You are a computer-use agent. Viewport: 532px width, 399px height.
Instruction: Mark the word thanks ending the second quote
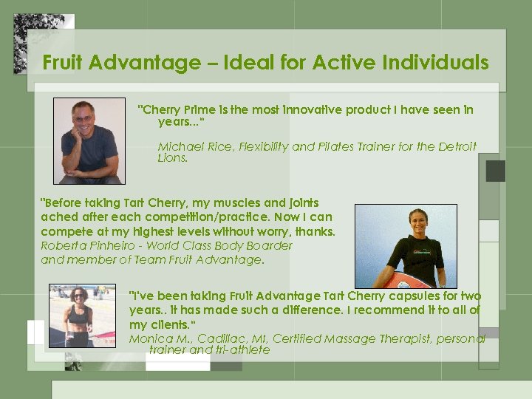316,232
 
